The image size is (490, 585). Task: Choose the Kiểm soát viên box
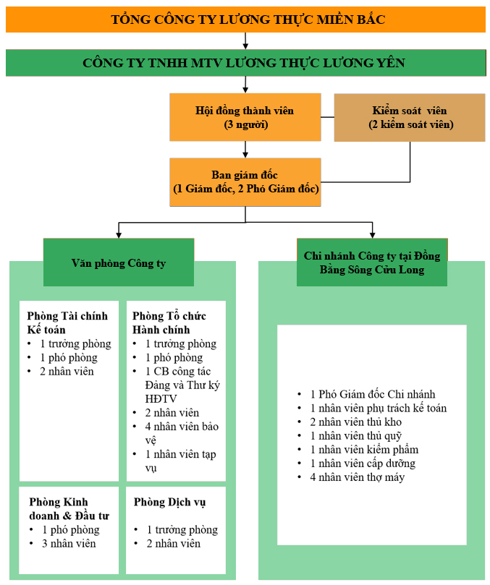pyautogui.click(x=410, y=117)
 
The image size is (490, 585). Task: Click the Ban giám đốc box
pyautogui.click(x=245, y=182)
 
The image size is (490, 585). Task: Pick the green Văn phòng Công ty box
pyautogui.click(x=119, y=262)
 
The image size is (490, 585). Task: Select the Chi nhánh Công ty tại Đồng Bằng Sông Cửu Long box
pyautogui.click(x=372, y=262)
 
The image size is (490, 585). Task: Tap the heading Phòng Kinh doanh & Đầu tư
pyautogui.click(x=69, y=509)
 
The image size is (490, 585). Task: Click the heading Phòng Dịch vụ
pyautogui.click(x=169, y=503)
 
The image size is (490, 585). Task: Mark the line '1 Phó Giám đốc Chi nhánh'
pyautogui.click(x=372, y=394)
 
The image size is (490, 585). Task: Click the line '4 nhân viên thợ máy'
pyautogui.click(x=357, y=477)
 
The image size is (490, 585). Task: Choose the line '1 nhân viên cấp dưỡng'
pyautogui.click(x=363, y=464)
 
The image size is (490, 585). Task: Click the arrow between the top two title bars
pyautogui.click(x=246, y=40)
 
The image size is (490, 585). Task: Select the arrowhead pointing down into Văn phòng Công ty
pyautogui.click(x=119, y=234)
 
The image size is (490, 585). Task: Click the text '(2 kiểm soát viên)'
pyautogui.click(x=410, y=124)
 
